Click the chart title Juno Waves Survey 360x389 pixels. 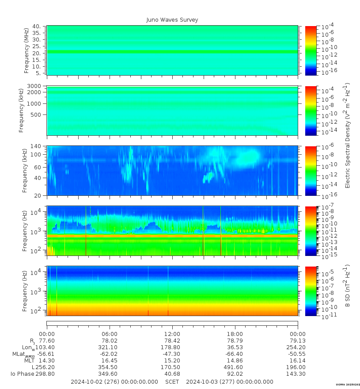pyautogui.click(x=172, y=20)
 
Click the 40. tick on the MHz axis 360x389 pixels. pyautogui.click(x=37, y=27)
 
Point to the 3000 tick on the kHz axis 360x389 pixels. pyautogui.click(x=34, y=86)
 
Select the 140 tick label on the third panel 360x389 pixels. pyautogui.click(x=36, y=146)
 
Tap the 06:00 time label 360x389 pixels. pyautogui.click(x=110, y=334)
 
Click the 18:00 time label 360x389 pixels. pyautogui.click(x=235, y=334)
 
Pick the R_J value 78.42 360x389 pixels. pyautogui.click(x=172, y=341)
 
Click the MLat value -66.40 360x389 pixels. pyautogui.click(x=234, y=354)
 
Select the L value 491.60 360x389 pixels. pyautogui.click(x=234, y=367)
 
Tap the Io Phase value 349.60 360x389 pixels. pyautogui.click(x=110, y=374)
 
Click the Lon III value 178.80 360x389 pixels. pyautogui.click(x=172, y=347)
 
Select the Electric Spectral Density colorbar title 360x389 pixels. pyautogui.click(x=347, y=135)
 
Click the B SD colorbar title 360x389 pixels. pyautogui.click(x=347, y=286)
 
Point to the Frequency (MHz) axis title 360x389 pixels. pyautogui.click(x=27, y=50)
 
